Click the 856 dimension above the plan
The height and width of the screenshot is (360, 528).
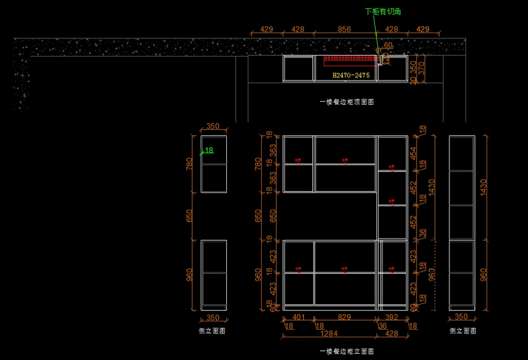pyautogui.click(x=345, y=29)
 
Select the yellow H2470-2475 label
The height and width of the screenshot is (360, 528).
pyautogui.click(x=351, y=75)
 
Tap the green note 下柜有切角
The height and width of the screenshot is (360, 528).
pyautogui.click(x=382, y=11)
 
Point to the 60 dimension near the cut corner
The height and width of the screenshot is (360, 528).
pyautogui.click(x=388, y=45)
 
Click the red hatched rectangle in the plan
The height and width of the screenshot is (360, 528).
pyautogui.click(x=350, y=59)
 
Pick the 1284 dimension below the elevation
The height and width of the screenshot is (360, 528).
pyautogui.click(x=329, y=333)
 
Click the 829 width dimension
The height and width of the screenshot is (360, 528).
pyautogui.click(x=345, y=318)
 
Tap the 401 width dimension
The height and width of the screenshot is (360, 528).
pyautogui.click(x=299, y=318)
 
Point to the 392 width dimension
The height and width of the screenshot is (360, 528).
pyautogui.click(x=391, y=318)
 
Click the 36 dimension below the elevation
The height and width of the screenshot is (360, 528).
pyautogui.click(x=382, y=326)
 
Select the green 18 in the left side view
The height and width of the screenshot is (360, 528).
pyautogui.click(x=209, y=150)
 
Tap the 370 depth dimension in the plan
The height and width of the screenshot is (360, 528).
pyautogui.click(x=422, y=68)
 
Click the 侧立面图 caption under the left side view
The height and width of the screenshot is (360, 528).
pyautogui.click(x=212, y=331)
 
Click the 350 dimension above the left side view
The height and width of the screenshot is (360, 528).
pyautogui.click(x=213, y=127)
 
